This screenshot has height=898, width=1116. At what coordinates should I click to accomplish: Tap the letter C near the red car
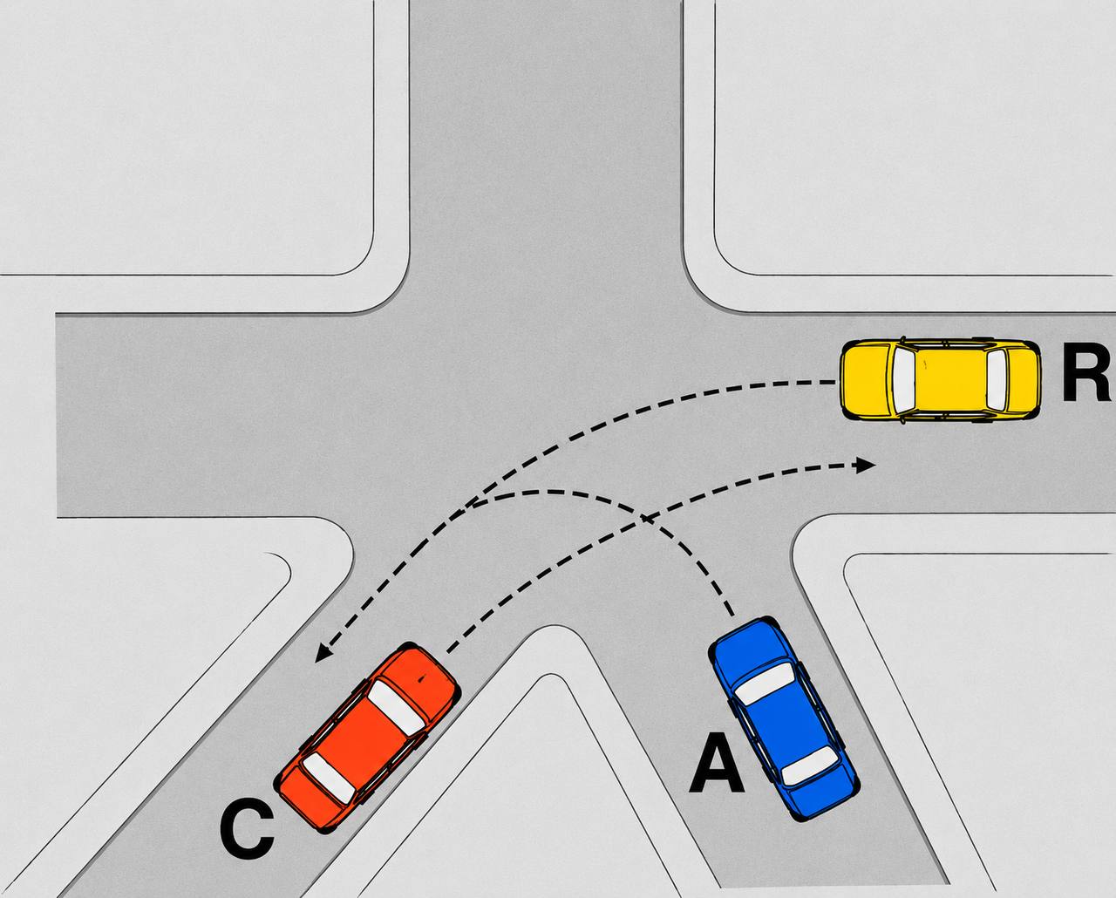[247, 842]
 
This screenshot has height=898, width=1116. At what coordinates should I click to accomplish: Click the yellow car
[940, 378]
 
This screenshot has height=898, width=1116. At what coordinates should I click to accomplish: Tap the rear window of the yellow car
[997, 378]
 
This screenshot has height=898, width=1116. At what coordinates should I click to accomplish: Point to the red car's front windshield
[397, 708]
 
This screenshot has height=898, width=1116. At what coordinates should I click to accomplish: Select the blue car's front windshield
[765, 684]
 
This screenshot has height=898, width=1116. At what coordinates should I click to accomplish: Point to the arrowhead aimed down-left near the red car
[324, 653]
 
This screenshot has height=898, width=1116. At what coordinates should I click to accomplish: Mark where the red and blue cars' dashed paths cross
[644, 517]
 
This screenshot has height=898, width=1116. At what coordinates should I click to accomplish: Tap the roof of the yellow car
[950, 378]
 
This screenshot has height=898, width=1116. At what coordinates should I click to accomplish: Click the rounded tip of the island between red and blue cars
[555, 627]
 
